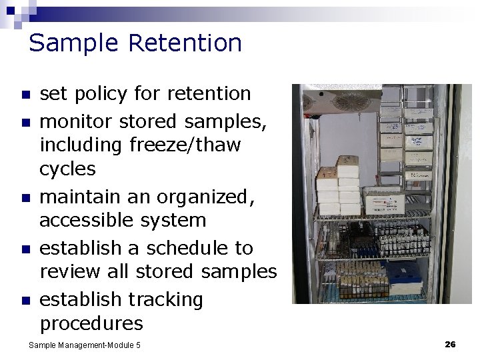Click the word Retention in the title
pyautogui.click(x=185, y=43)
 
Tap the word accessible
pyautogui.click(x=89, y=220)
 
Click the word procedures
pyautogui.click(x=91, y=324)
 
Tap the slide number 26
pyautogui.click(x=450, y=344)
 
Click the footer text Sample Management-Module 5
pyautogui.click(x=85, y=345)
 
